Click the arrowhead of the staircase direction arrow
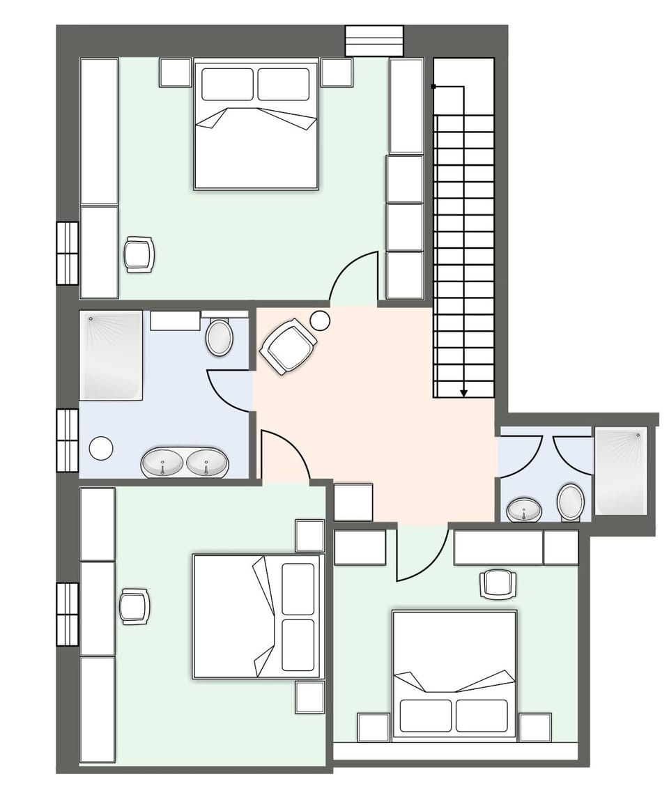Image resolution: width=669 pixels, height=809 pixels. pos(463,394)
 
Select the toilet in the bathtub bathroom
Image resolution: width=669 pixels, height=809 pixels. pos(220,337)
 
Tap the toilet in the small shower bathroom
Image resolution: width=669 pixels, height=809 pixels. pos(571,502)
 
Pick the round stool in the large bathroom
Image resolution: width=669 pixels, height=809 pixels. pos(102,448)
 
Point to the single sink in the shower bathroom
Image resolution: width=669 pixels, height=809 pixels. pos(523,510)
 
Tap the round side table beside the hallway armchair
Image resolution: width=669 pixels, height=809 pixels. pos(320,321)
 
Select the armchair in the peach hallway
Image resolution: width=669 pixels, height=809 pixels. pos(287,346)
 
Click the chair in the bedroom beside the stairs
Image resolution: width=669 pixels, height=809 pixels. pos(139,254)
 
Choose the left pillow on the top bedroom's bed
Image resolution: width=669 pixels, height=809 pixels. pos(227,84)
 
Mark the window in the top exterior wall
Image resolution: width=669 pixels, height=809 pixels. pos(374,40)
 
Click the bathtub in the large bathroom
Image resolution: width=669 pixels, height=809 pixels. pos(111,355)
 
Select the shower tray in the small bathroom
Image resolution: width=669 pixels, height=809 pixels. pos(621,471)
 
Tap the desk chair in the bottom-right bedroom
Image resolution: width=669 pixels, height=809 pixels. pos(499,583)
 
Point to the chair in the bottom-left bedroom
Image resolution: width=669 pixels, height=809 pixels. pos(134,606)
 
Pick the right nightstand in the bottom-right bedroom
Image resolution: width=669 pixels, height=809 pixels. pos(535,727)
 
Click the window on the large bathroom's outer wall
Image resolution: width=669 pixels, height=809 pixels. pos(68,440)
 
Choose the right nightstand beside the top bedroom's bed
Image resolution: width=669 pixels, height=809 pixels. pos(337,72)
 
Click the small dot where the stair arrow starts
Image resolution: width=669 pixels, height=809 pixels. pos(433,87)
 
